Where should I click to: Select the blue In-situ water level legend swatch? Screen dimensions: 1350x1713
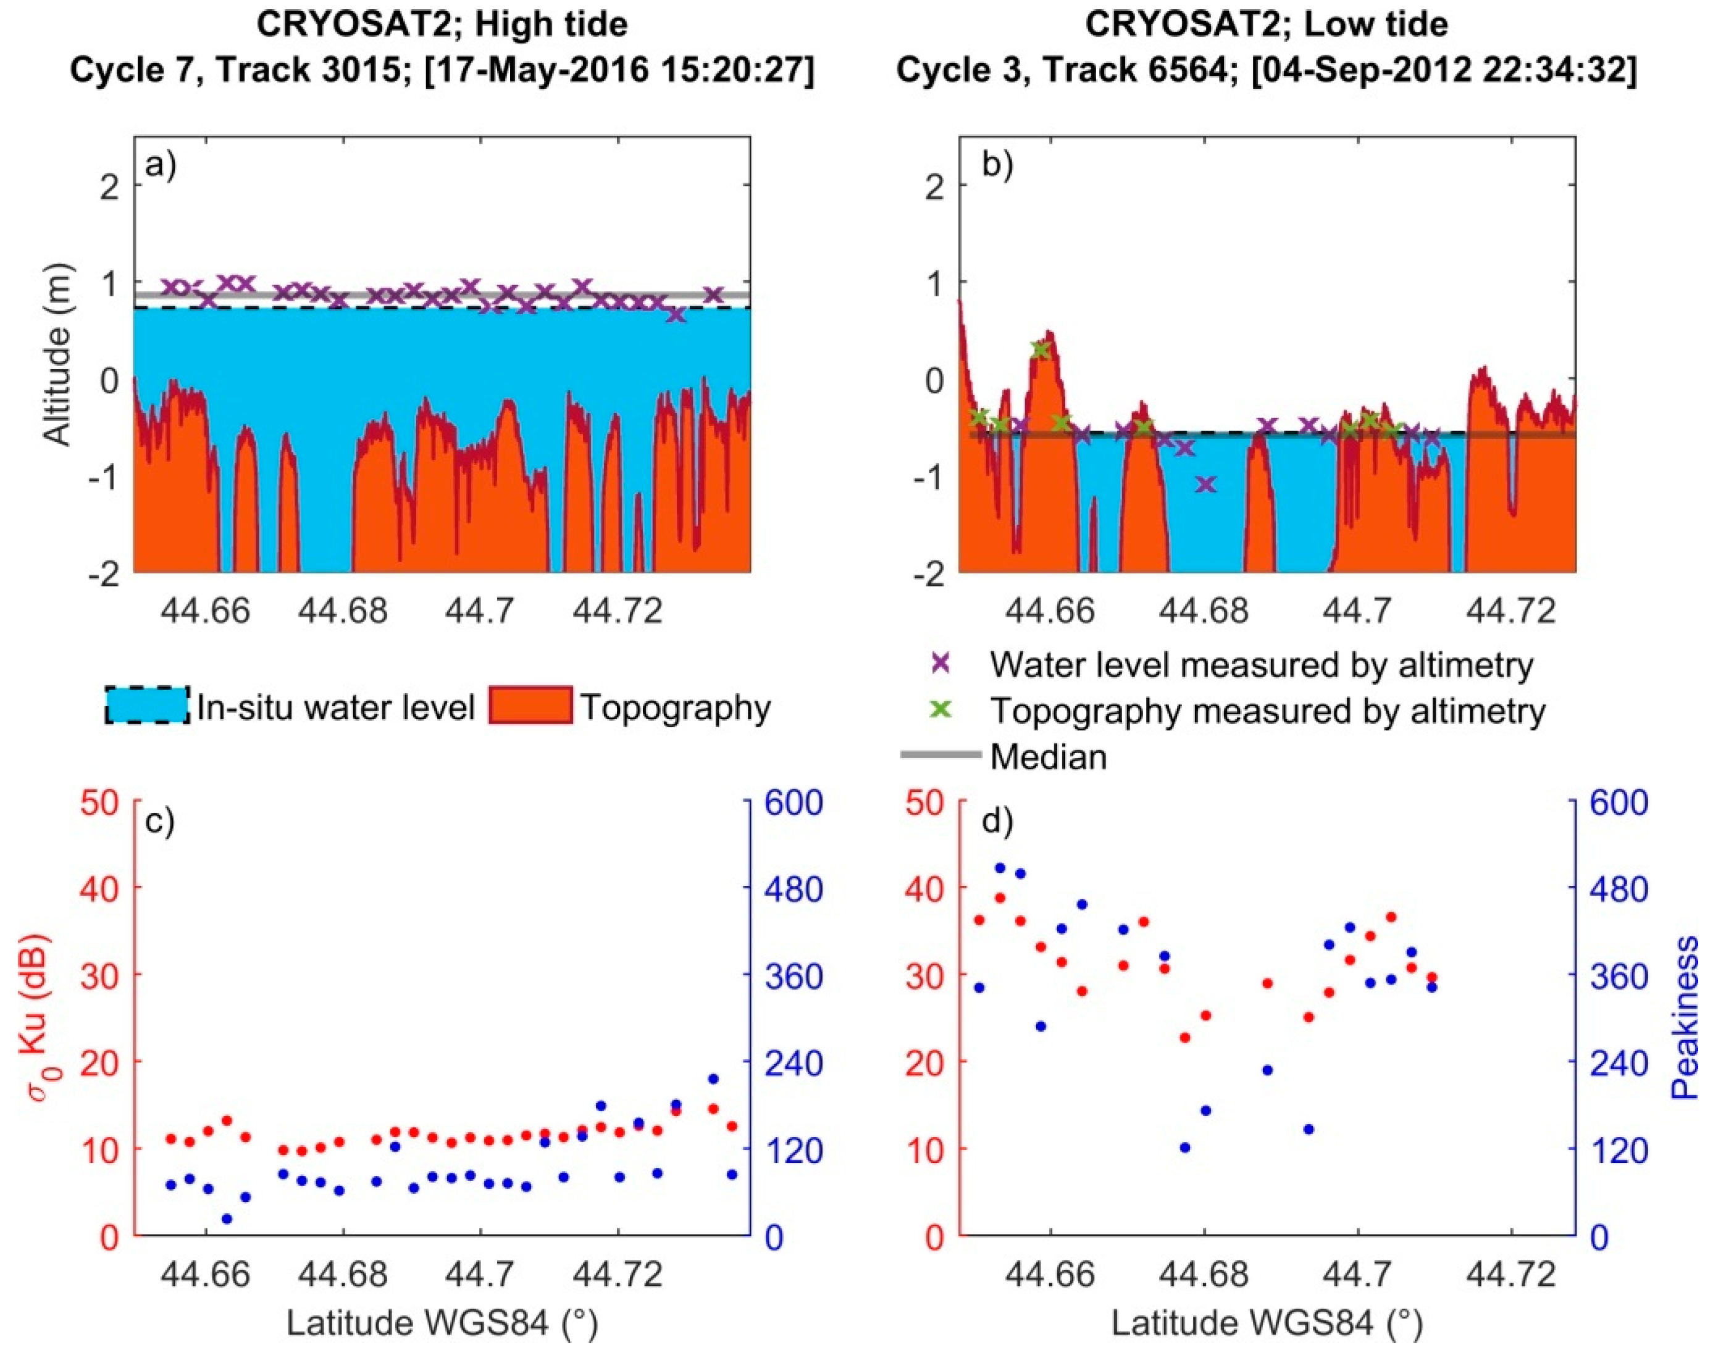point(146,706)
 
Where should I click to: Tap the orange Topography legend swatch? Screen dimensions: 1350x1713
point(530,706)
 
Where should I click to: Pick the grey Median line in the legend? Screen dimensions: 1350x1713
point(940,756)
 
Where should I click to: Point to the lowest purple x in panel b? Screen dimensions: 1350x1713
point(1205,484)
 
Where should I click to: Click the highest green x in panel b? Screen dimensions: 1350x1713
point(1041,349)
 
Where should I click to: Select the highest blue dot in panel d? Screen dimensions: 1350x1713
point(999,868)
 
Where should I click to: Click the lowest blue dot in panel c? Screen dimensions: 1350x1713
point(227,1219)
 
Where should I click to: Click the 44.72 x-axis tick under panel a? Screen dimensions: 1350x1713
point(618,611)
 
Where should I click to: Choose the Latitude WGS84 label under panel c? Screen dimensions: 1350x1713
point(441,1322)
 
